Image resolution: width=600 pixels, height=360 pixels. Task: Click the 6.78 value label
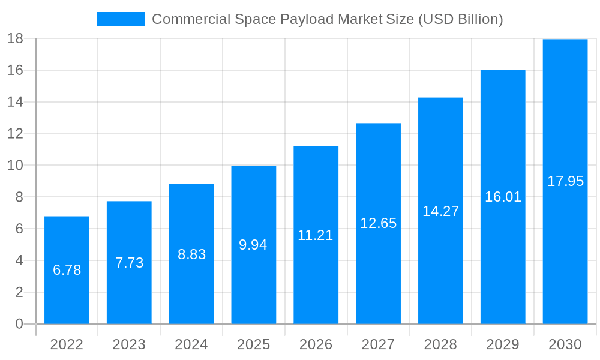pos(67,270)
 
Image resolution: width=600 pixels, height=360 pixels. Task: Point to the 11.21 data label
pos(315,235)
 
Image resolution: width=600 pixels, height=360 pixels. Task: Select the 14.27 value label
pos(440,211)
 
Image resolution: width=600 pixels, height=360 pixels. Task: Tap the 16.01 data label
pos(503,197)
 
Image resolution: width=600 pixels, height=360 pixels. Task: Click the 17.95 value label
pos(565,181)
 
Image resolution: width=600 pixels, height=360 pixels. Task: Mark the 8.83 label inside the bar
pos(191,254)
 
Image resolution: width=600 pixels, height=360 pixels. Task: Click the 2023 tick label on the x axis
pos(129,344)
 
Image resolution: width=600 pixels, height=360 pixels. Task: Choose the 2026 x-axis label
pos(316,344)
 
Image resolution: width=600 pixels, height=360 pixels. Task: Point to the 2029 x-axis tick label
pos(503,344)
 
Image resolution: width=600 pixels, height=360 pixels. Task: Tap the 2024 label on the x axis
pos(191,344)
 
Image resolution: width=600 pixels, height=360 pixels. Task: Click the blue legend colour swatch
pos(120,19)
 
